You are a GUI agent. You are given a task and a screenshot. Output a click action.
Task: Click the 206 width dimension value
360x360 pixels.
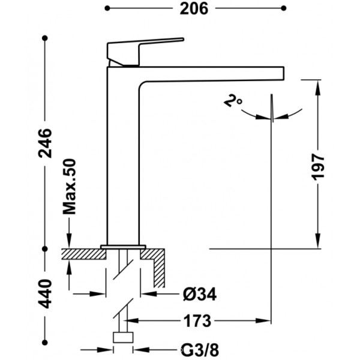(x=194, y=9)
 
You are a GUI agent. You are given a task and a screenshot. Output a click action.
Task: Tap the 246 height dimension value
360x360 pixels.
(x=45, y=143)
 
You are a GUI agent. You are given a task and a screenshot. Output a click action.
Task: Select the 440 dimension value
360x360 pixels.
(x=45, y=294)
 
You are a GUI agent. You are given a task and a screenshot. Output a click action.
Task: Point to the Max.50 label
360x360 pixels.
(x=69, y=187)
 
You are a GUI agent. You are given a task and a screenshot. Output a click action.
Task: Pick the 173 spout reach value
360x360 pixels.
(x=197, y=321)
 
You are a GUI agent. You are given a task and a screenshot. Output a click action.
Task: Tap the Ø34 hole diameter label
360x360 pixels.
(x=200, y=294)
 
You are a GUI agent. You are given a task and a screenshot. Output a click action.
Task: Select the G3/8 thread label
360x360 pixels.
(x=200, y=350)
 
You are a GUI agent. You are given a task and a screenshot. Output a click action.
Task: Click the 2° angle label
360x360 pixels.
(x=233, y=101)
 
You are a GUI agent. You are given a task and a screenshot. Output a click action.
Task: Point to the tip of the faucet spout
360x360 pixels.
(x=284, y=73)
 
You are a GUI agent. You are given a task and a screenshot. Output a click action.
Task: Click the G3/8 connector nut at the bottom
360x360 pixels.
(x=123, y=337)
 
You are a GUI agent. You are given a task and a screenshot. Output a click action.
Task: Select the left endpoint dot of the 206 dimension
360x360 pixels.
(x=107, y=8)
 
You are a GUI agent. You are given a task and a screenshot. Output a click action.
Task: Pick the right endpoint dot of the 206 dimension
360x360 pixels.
(x=284, y=8)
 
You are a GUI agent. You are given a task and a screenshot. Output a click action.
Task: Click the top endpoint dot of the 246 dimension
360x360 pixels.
(x=45, y=38)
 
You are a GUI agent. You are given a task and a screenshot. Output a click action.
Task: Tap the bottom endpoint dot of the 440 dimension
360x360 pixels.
(x=45, y=343)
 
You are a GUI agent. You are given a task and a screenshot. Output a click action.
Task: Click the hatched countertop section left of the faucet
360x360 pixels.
(x=83, y=254)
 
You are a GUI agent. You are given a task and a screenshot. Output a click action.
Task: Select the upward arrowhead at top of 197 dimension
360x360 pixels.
(x=318, y=87)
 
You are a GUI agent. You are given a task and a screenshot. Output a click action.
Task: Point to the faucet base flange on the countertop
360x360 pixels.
(x=123, y=247)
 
